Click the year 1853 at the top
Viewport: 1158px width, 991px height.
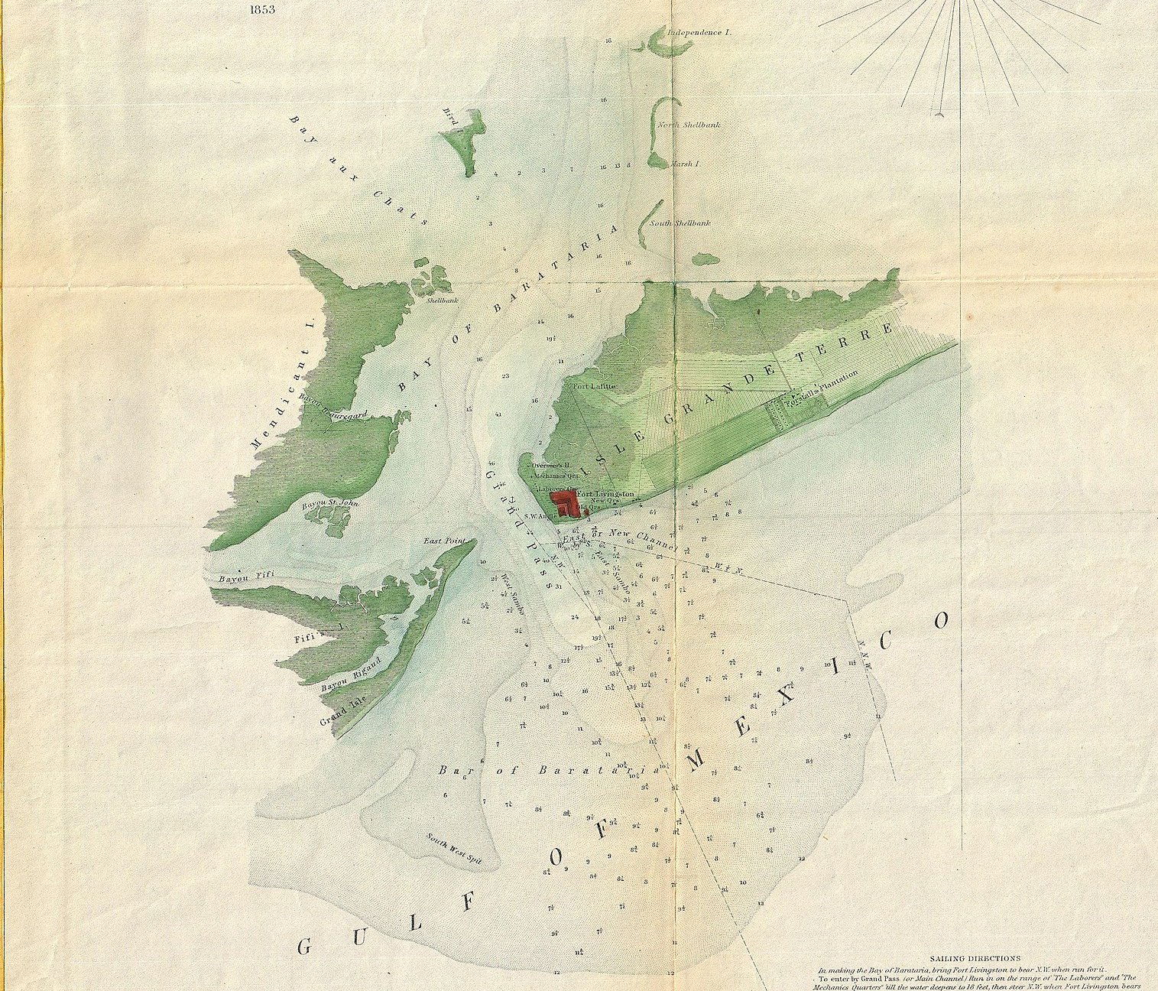pyautogui.click(x=261, y=10)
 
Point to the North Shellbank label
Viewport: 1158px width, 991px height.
pyautogui.click(x=688, y=125)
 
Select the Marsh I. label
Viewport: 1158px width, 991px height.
pyautogui.click(x=685, y=164)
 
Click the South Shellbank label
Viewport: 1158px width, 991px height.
pyautogui.click(x=680, y=223)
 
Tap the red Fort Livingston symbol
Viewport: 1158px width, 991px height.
pyautogui.click(x=566, y=502)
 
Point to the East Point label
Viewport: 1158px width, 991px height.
pyautogui.click(x=444, y=541)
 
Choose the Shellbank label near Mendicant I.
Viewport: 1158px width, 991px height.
pyautogui.click(x=442, y=301)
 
